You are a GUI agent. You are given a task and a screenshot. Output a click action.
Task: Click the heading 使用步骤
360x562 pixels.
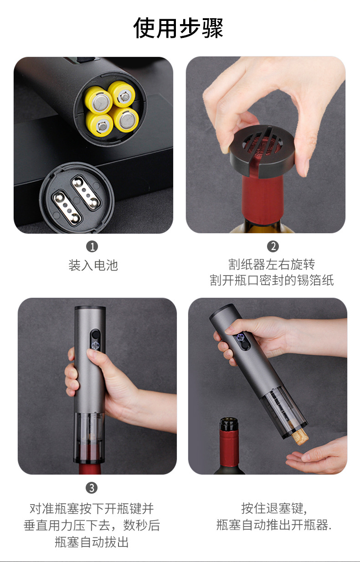[x=178, y=28]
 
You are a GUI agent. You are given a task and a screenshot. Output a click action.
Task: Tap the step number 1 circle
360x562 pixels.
[x=92, y=246]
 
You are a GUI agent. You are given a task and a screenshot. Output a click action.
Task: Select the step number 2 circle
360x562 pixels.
[x=273, y=246]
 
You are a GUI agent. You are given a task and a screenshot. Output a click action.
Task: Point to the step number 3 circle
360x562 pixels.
[x=92, y=488]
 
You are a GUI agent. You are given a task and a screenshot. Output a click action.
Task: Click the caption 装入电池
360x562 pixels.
[x=93, y=265]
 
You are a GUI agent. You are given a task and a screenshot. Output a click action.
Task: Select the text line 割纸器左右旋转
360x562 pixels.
[x=272, y=264]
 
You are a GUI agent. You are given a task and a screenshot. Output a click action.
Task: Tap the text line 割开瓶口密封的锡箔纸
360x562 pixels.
[x=272, y=280]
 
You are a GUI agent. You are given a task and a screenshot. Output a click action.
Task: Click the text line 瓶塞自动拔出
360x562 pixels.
[x=92, y=542]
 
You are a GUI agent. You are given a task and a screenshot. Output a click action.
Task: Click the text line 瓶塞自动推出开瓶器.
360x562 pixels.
[x=274, y=525]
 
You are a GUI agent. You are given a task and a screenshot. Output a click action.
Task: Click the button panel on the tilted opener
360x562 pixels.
[x=242, y=341]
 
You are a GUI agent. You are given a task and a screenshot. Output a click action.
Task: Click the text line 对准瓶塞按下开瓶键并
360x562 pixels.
[x=92, y=508]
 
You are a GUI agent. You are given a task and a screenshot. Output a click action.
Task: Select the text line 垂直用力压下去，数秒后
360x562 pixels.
[x=92, y=525]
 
